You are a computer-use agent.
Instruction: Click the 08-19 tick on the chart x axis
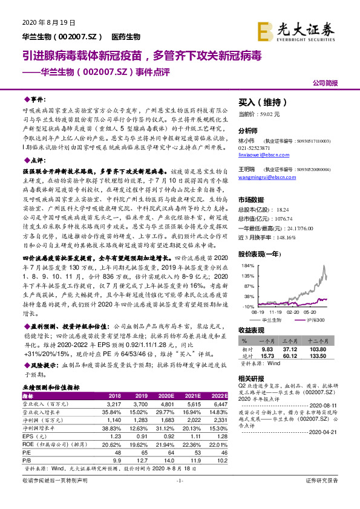(258, 313)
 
